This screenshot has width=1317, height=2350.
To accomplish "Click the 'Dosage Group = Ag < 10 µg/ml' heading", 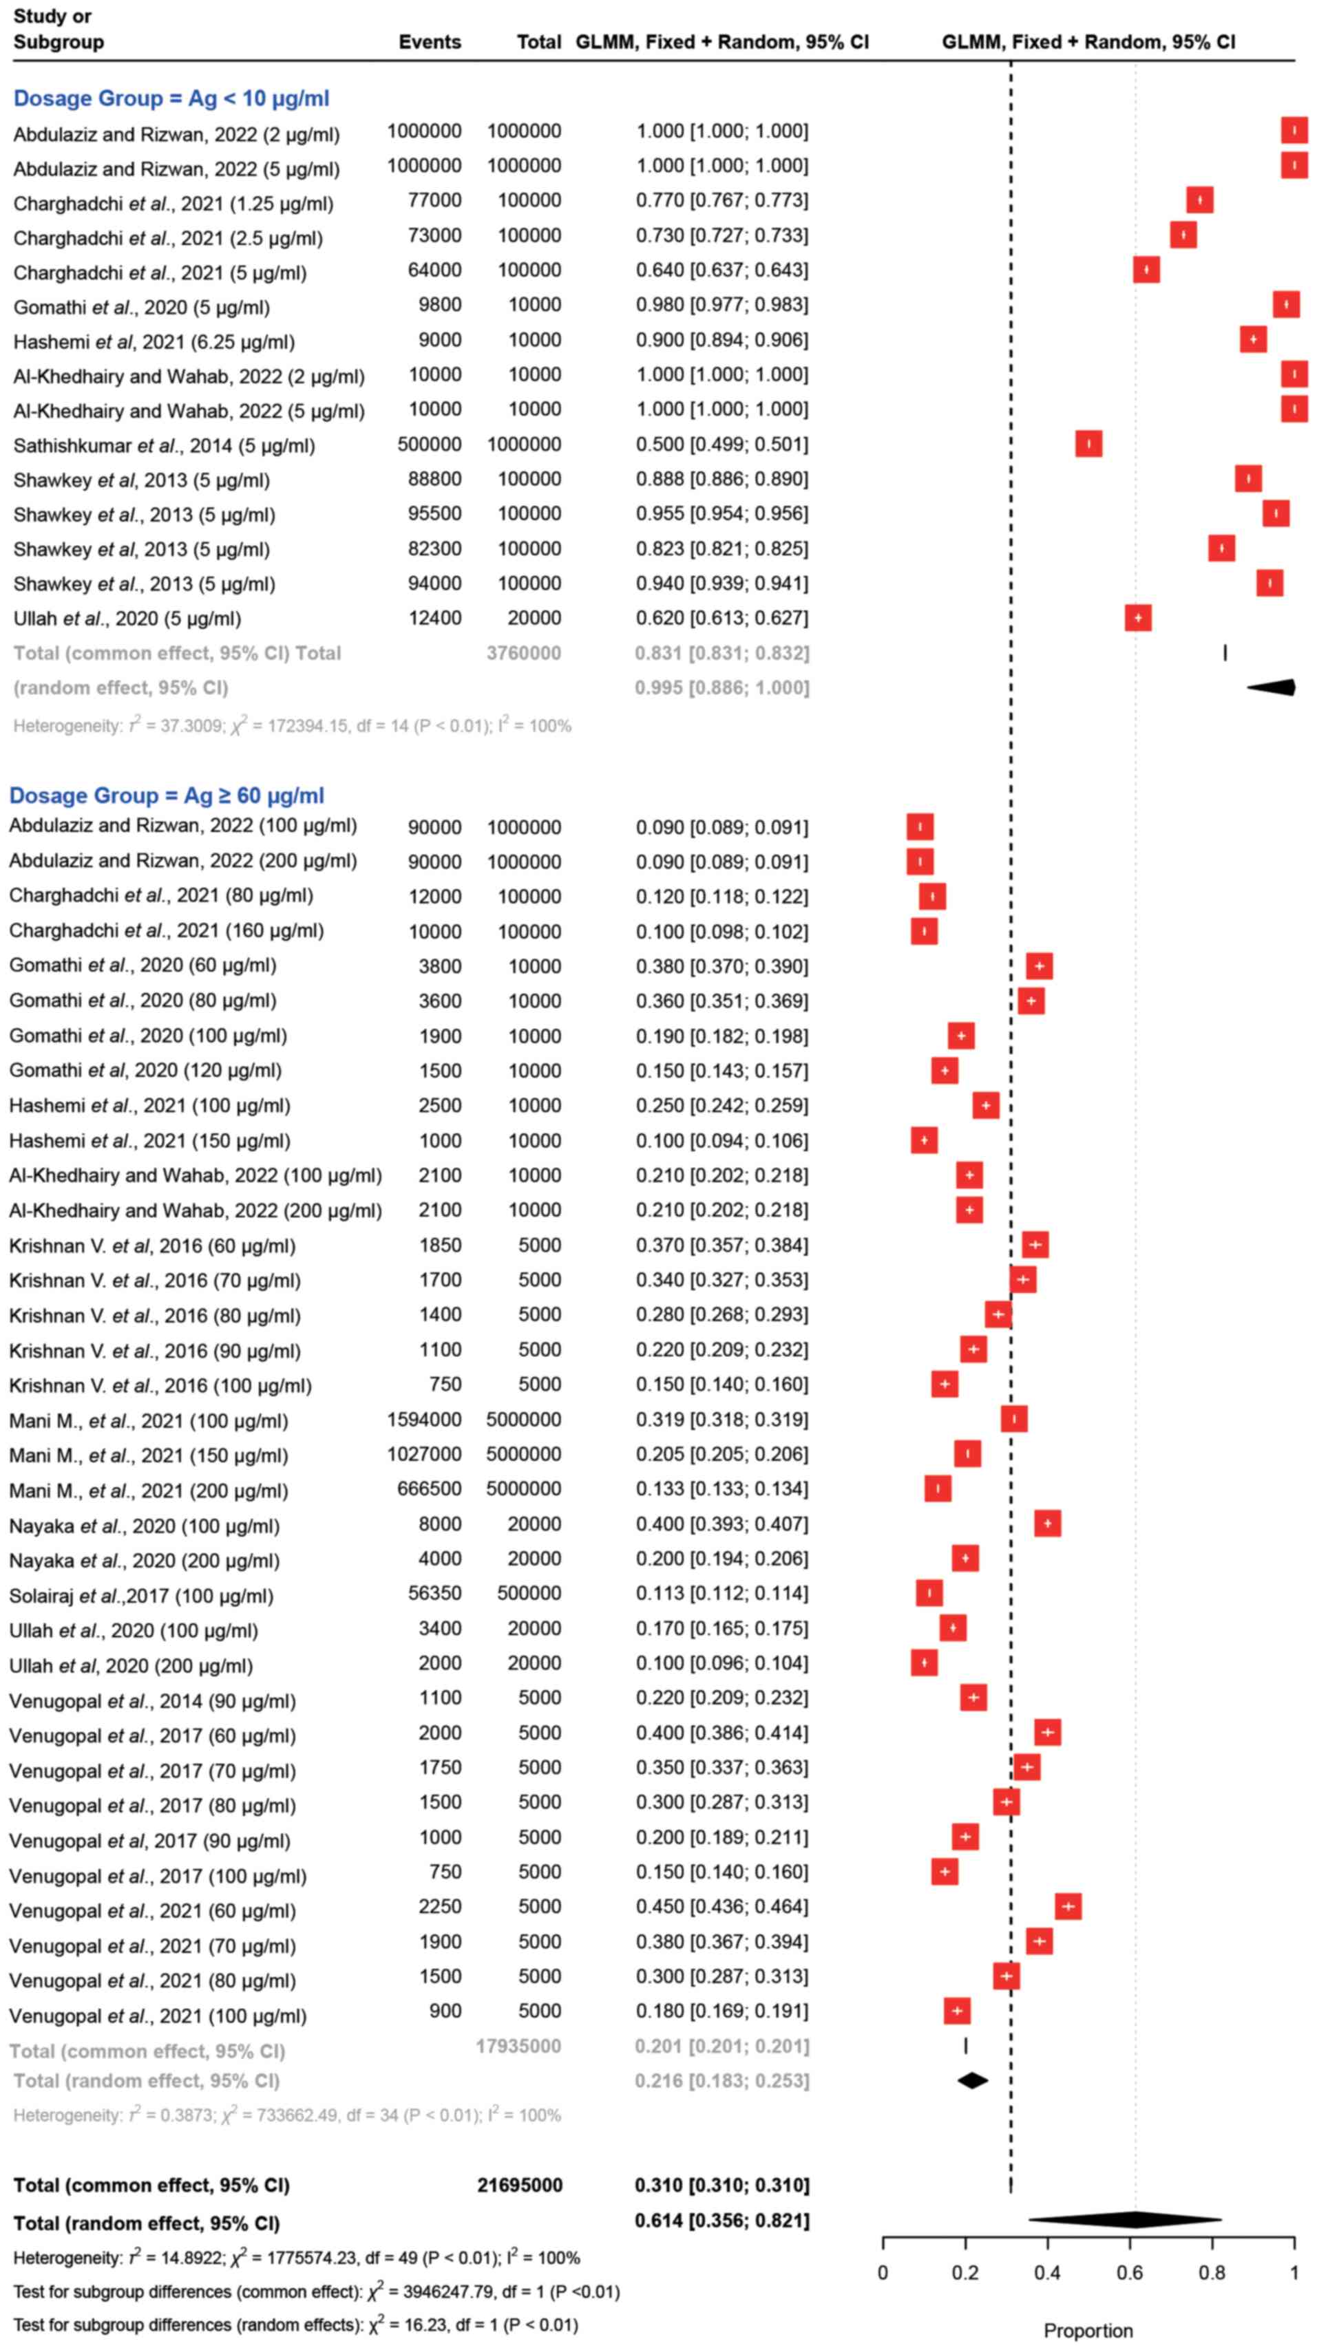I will coord(171,98).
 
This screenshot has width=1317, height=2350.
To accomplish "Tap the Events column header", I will coord(429,42).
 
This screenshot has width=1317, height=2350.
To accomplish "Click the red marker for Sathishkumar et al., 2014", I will coord(1088,445).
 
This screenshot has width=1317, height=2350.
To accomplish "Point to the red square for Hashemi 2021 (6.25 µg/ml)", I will coord(1253,339).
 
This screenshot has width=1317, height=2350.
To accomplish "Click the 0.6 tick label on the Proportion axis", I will coord(1129,2272).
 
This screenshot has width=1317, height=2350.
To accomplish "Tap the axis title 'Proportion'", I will coord(1088,2331).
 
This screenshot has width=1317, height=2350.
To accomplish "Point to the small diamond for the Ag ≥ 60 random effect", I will coord(972,2081).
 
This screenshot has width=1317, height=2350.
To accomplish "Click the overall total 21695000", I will coord(519,2185).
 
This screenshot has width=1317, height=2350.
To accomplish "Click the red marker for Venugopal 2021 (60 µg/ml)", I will coord(1068,1907).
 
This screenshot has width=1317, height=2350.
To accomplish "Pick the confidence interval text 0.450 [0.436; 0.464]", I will coord(721,1907).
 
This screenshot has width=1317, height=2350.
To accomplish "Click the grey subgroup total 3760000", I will coord(523,653).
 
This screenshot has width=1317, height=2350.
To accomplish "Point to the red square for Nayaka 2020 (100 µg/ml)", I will coord(1047,1524).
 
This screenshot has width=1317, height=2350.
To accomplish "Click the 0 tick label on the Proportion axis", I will coord(883,2272).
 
